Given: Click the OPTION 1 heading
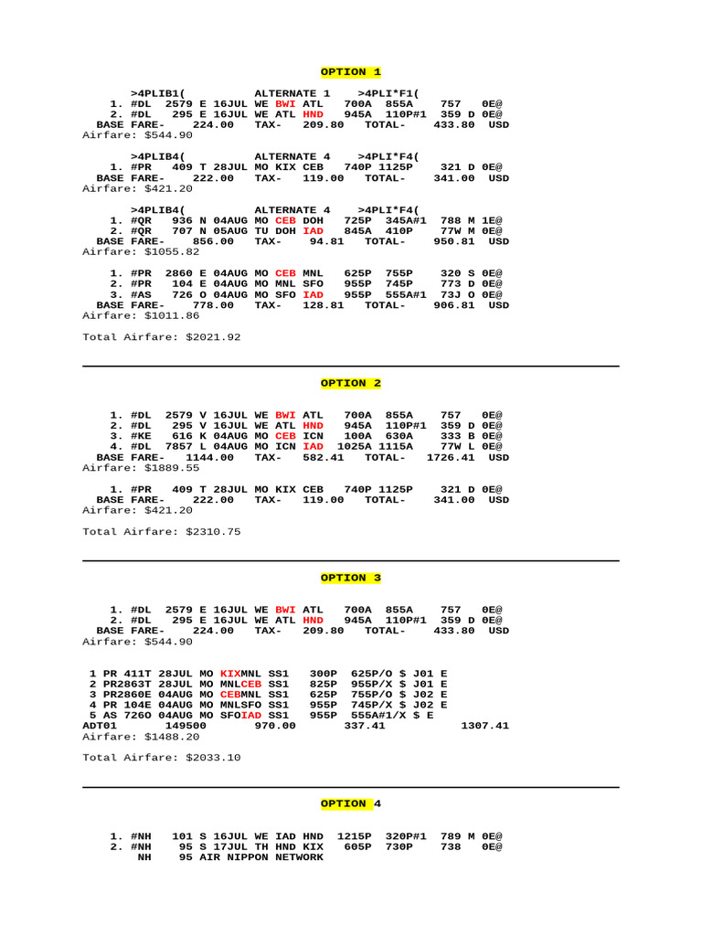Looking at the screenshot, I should tap(351, 71).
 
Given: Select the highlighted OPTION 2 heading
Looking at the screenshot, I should tap(351, 383).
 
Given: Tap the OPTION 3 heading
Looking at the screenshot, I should tap(351, 578).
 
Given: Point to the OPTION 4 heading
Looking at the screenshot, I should tap(351, 803).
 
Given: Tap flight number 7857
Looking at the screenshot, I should tap(183, 446).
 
